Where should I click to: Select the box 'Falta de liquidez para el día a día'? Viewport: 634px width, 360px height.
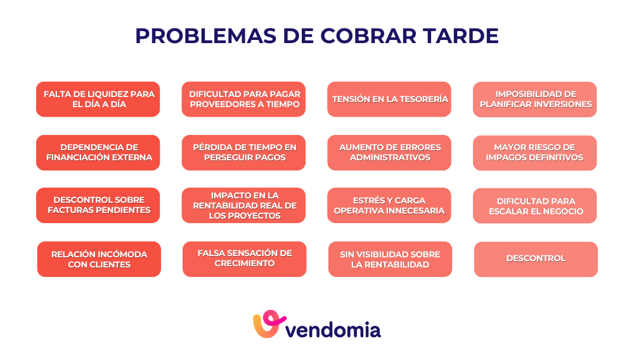click(x=98, y=100)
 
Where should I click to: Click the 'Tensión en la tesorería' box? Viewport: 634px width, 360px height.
click(x=389, y=100)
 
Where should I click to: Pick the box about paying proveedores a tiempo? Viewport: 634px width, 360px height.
click(x=244, y=100)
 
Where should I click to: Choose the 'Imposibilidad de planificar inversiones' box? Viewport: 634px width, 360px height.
click(x=535, y=100)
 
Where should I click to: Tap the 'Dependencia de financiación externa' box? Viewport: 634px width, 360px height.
click(x=98, y=153)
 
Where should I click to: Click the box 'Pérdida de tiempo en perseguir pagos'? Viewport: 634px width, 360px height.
click(x=244, y=153)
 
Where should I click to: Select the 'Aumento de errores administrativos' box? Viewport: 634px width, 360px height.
click(x=389, y=153)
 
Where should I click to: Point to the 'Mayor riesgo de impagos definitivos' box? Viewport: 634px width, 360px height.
click(x=535, y=153)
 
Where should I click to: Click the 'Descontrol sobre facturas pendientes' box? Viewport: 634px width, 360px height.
click(x=98, y=205)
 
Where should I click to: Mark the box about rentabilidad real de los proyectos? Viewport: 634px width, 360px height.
click(x=244, y=205)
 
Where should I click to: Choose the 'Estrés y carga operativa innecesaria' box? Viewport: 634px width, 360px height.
click(x=389, y=205)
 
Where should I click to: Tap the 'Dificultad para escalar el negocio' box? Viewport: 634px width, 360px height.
click(x=535, y=206)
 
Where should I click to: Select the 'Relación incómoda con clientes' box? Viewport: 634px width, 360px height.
click(x=99, y=259)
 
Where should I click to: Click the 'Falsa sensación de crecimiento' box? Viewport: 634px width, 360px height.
click(x=245, y=259)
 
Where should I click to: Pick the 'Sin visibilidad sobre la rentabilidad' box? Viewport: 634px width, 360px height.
click(x=390, y=259)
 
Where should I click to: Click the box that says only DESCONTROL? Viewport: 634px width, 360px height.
click(x=536, y=259)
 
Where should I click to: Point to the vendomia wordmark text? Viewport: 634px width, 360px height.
click(x=333, y=330)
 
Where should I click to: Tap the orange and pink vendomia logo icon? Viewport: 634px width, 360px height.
click(x=268, y=325)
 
